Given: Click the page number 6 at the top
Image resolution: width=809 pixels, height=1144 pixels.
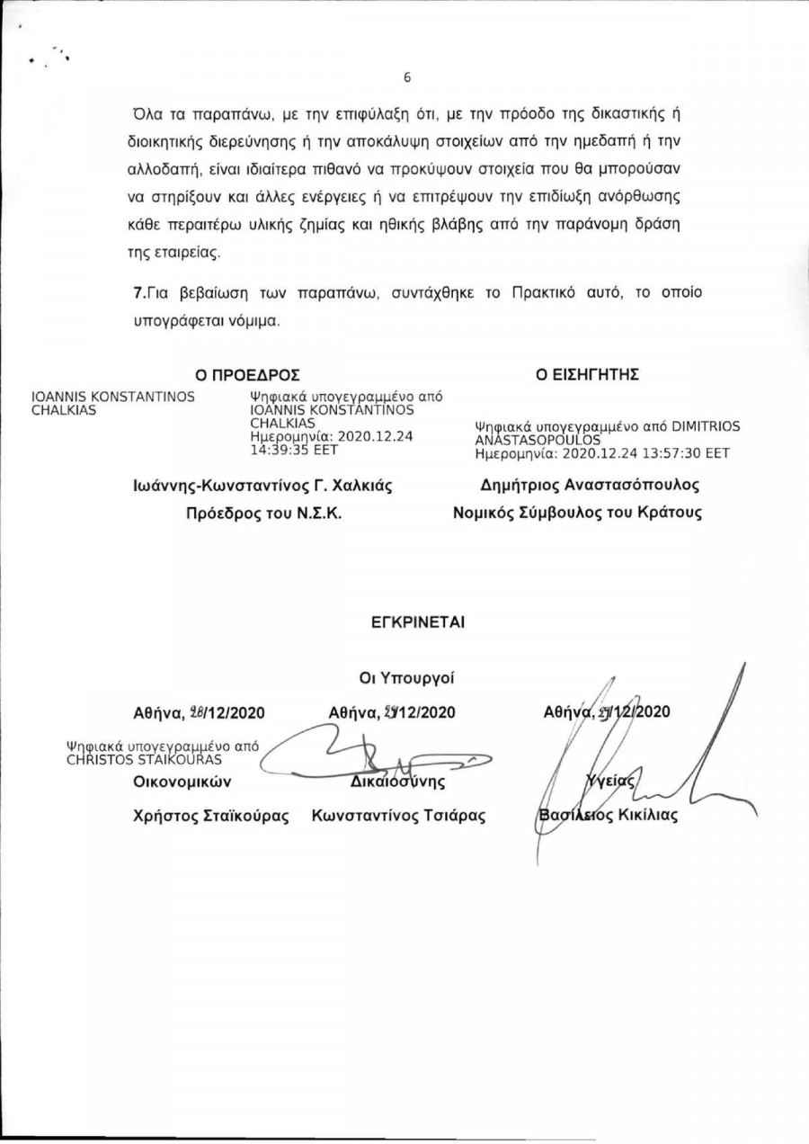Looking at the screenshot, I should click(x=406, y=77).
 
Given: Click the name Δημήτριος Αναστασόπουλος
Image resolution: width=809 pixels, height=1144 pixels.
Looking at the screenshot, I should click(x=590, y=485).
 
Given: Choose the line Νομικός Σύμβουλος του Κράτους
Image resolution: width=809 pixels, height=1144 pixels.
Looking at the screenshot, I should click(x=578, y=514).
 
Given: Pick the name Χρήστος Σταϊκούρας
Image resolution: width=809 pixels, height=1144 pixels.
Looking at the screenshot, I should click(x=211, y=817).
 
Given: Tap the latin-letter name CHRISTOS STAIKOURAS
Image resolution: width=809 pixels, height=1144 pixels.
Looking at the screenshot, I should click(x=138, y=759).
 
